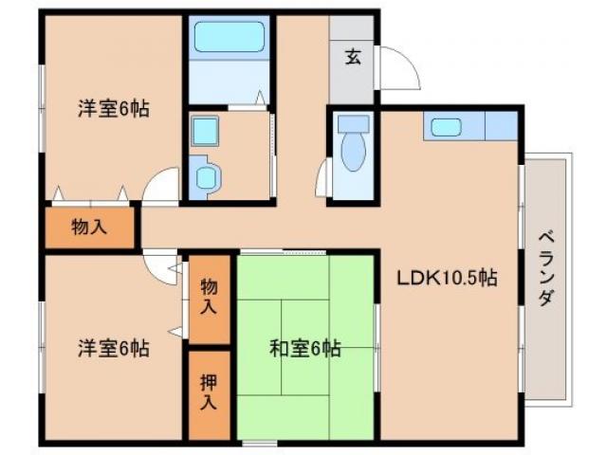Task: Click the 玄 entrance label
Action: [x=353, y=57]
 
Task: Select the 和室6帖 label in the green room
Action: [x=303, y=348]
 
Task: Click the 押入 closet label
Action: [x=209, y=391]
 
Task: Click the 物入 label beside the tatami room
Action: [x=209, y=297]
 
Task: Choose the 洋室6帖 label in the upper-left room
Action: [x=114, y=108]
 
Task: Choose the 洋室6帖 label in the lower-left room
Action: [x=114, y=348]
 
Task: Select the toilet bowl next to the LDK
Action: [x=353, y=155]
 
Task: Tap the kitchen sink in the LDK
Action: [x=445, y=127]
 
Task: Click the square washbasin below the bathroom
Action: [x=205, y=130]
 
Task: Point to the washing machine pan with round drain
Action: [x=207, y=175]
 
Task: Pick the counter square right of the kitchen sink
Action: [x=503, y=126]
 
